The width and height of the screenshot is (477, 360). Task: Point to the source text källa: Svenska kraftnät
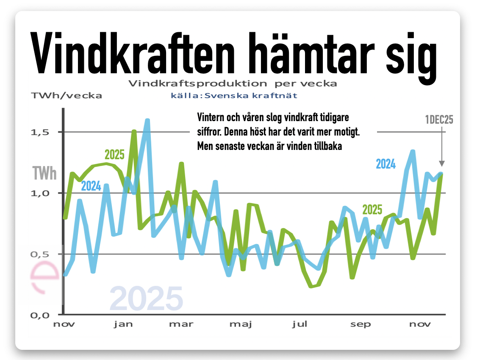234,96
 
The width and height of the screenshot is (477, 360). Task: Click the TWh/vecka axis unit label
67,96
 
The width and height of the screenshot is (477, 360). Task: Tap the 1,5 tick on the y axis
41,132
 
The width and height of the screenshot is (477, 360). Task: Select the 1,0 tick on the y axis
41,193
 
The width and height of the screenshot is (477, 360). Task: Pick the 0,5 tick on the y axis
41,254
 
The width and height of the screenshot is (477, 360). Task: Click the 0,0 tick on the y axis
41,315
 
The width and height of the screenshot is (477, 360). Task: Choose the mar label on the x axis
181,324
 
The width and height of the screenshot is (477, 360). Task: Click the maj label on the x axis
241,324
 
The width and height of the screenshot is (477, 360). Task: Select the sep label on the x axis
361,324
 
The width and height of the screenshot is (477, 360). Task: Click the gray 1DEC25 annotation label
439,120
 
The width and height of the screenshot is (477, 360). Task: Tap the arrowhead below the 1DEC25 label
442,163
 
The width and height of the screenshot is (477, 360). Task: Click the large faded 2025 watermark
146,298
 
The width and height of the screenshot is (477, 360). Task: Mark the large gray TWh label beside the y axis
44,173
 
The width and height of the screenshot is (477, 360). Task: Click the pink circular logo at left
45,277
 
